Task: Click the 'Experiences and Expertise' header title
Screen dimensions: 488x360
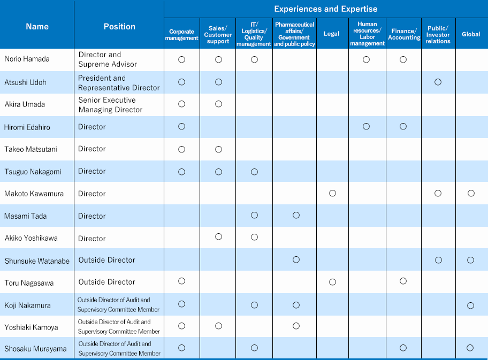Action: point(325,9)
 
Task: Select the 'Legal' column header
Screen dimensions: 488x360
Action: point(331,34)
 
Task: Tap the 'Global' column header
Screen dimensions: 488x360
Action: point(471,34)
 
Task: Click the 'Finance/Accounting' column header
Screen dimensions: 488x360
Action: point(404,34)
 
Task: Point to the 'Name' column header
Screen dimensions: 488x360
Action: point(37,26)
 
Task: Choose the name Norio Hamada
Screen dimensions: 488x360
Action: point(27,59)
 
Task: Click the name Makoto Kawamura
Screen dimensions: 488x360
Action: point(34,194)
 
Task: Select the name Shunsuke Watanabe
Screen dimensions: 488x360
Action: point(37,261)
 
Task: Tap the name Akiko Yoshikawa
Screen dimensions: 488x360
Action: point(31,238)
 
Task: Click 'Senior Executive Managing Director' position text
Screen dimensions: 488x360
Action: point(110,105)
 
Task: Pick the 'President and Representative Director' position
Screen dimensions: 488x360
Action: point(119,83)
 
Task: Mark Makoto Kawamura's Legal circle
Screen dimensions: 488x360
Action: point(332,193)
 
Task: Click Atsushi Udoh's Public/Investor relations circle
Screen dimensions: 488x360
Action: point(438,82)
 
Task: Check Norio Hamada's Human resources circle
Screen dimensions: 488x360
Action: point(367,59)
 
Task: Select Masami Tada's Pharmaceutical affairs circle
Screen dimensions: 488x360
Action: point(296,215)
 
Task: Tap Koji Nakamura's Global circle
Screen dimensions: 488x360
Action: point(470,305)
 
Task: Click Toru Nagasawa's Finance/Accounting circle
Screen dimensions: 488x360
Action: point(403,281)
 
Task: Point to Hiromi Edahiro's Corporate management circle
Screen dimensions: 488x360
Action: point(182,126)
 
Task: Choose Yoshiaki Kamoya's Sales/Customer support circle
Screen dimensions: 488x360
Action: point(218,326)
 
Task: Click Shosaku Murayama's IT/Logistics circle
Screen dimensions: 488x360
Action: point(254,348)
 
